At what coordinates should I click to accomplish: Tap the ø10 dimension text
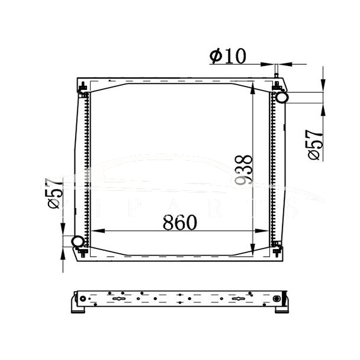pyautogui.click(x=227, y=56)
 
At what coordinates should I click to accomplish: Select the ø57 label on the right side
pyautogui.click(x=315, y=145)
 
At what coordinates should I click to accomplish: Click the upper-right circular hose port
pyautogui.click(x=281, y=96)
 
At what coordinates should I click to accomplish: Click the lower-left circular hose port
pyautogui.click(x=78, y=242)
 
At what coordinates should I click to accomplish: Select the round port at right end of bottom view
pyautogui.click(x=277, y=299)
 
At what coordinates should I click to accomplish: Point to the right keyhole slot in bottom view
pyautogui.click(x=239, y=299)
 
